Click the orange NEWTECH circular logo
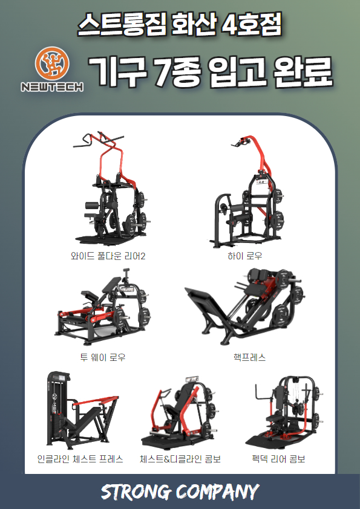(52, 63)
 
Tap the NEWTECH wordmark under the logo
(52, 86)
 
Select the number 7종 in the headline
(177, 72)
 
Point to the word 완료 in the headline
(303, 72)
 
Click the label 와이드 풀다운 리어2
(108, 256)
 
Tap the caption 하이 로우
(244, 256)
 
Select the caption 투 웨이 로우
(103, 357)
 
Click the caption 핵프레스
(249, 357)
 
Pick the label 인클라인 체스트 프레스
(80, 459)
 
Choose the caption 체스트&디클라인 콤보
(180, 459)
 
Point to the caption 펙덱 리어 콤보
(278, 459)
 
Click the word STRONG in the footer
(136, 492)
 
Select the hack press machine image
(244, 306)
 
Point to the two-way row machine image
(102, 306)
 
